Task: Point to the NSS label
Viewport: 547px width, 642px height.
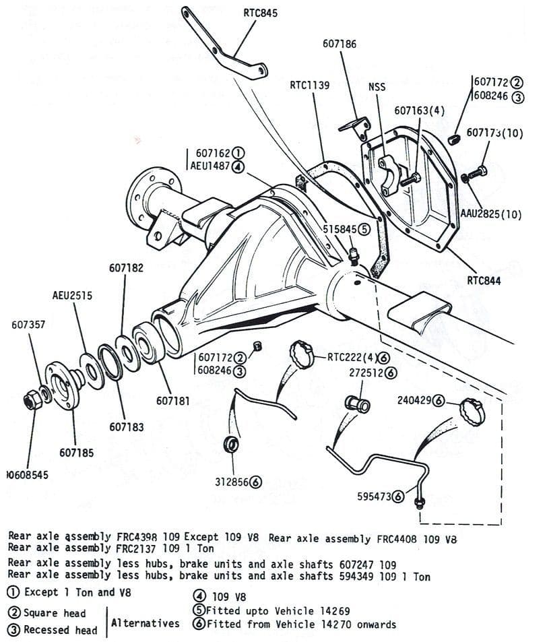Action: coord(377,88)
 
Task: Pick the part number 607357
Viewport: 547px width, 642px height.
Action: coord(28,325)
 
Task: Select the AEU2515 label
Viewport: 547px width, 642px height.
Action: coord(72,296)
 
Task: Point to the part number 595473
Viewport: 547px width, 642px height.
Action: coord(374,496)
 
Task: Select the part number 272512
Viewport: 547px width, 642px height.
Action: coord(366,372)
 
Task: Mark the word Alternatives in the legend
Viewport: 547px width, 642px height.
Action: coord(145,623)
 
